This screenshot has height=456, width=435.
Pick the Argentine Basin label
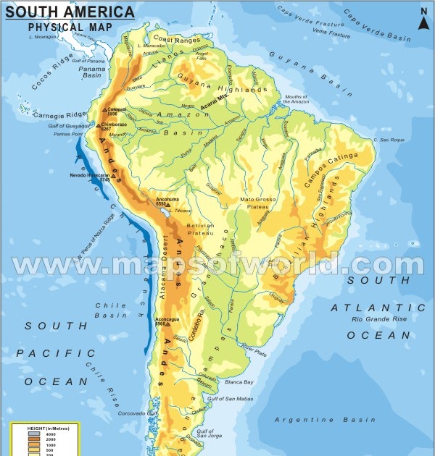point(327,420)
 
